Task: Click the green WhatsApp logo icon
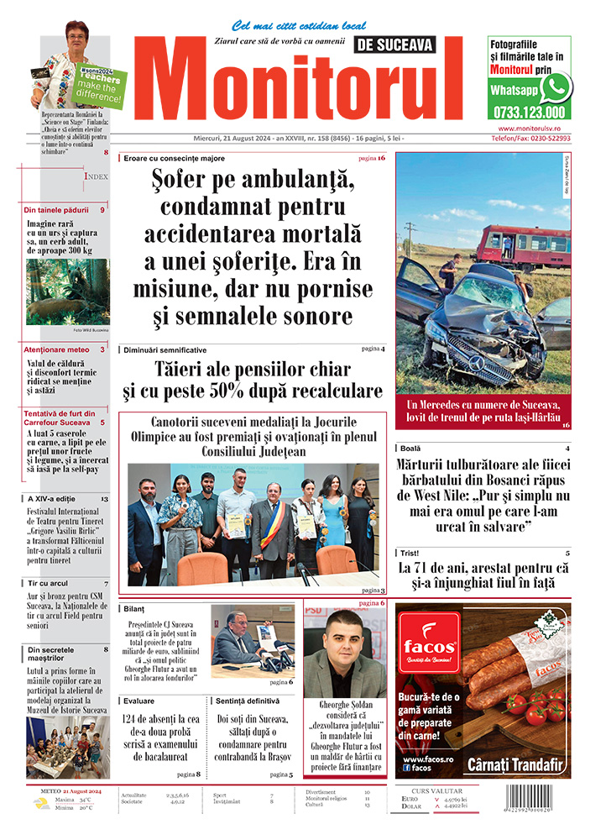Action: click(556, 87)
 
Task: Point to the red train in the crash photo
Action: click(522, 245)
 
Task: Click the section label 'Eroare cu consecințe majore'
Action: click(174, 158)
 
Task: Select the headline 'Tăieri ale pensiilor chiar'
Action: click(253, 370)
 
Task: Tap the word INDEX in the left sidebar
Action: click(96, 176)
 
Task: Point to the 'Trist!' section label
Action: click(410, 554)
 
